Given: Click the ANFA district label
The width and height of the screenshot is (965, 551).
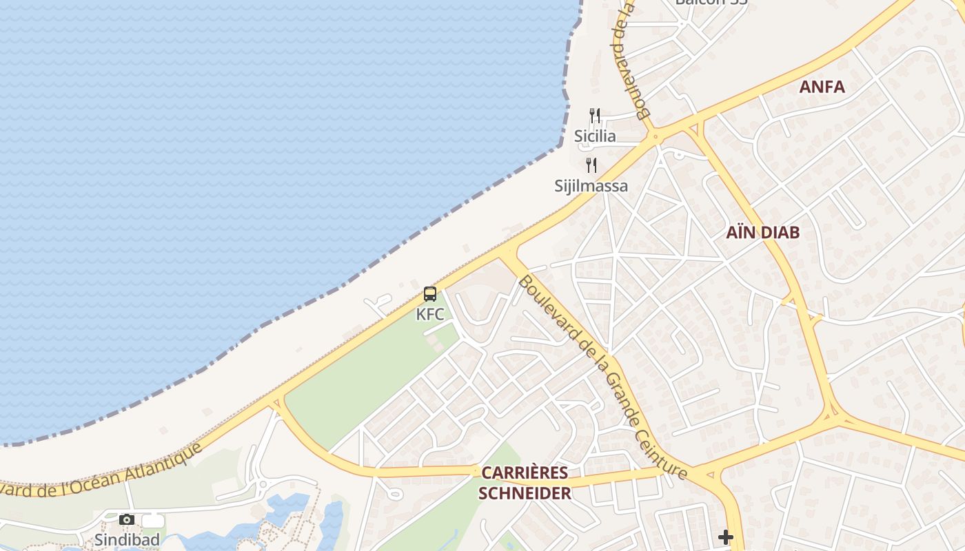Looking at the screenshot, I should coord(822,87).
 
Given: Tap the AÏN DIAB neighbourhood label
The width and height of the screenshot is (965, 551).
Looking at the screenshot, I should coord(762,232).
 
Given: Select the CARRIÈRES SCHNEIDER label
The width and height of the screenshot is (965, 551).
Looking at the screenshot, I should coord(525,483).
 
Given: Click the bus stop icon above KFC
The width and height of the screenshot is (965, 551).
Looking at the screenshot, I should coord(430,294).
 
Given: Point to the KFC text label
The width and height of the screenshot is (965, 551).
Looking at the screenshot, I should coord(430,315).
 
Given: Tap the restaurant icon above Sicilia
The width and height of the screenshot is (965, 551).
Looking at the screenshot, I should coord(595,115).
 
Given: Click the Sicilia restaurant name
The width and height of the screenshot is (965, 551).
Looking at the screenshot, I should coord(595,136).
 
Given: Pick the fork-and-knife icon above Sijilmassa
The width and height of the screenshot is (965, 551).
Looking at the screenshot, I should coord(591,165).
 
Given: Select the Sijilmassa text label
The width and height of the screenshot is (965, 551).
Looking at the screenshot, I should coord(591,186).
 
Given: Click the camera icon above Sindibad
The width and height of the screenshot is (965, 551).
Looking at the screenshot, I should coord(127,519).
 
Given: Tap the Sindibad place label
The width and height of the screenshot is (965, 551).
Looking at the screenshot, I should coord(127,539).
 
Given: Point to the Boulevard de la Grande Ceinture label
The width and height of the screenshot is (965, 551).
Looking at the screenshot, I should coord(602,376).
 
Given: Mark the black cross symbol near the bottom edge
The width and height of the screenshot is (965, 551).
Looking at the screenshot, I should coord(725,537).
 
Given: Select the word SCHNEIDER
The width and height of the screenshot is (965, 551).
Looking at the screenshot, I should coord(525,493).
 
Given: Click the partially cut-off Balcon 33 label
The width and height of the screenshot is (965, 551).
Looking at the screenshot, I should coord(711,2).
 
